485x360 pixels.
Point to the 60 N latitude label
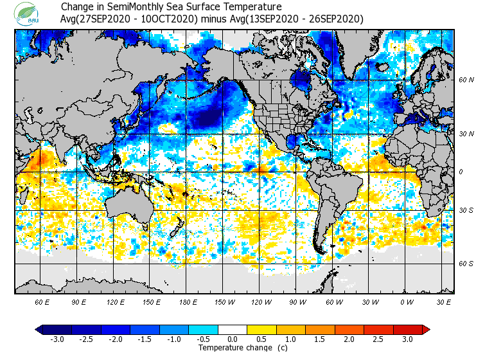[466, 80]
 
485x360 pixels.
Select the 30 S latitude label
[466, 211]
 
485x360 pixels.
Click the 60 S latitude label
[466, 264]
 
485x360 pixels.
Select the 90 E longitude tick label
[79, 301]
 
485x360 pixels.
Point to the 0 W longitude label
[406, 301]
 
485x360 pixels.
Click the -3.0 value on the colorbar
[57, 339]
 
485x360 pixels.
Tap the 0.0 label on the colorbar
[233, 339]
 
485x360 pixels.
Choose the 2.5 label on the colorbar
[378, 339]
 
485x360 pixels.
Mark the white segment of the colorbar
[233, 330]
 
